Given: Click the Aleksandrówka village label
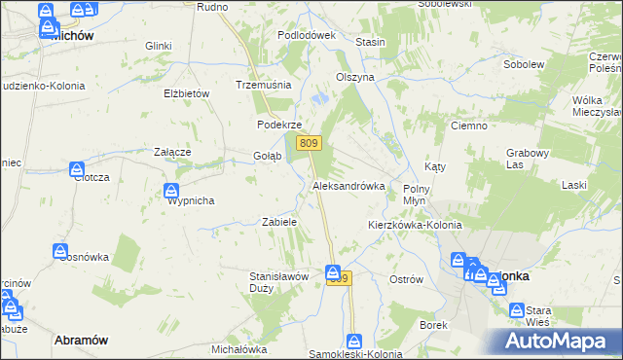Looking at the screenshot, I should pyautogui.click(x=348, y=185).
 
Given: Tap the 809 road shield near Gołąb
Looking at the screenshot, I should pyautogui.click(x=310, y=144).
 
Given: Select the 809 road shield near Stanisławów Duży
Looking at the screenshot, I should pyautogui.click(x=337, y=279).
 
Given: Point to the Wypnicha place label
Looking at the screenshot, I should pyautogui.click(x=191, y=200).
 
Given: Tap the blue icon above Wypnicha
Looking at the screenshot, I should pyautogui.click(x=171, y=190).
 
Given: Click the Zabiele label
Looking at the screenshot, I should pyautogui.click(x=278, y=222).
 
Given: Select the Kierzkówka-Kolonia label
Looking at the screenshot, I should pyautogui.click(x=414, y=225).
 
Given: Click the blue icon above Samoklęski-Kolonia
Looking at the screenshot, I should pyautogui.click(x=354, y=342).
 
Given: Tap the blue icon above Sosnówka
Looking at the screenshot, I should pyautogui.click(x=60, y=252).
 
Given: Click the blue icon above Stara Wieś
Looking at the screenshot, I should pyautogui.click(x=518, y=309).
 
